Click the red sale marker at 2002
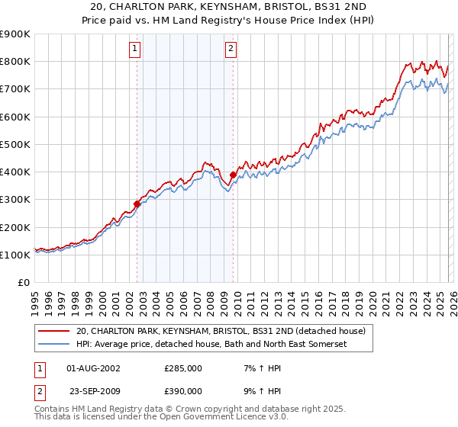137,204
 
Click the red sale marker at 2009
233,175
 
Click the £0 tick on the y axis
24,283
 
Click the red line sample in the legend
55,332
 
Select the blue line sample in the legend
55,345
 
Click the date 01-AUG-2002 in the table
93,368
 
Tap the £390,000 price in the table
183,390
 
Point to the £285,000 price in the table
183,368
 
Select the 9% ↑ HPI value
256,390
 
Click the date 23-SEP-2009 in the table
93,390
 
